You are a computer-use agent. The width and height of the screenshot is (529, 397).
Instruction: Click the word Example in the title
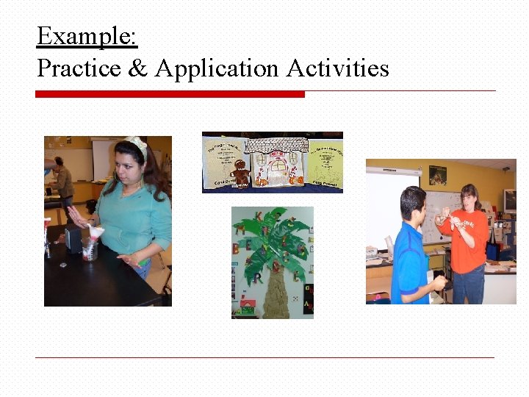(x=87, y=35)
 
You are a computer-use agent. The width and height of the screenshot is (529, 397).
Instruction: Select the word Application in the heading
(x=217, y=68)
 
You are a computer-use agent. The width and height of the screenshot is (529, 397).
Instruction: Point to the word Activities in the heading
(x=337, y=68)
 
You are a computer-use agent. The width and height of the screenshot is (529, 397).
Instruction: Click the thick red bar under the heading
(x=170, y=94)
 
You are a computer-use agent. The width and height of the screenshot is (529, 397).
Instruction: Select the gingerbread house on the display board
(x=273, y=165)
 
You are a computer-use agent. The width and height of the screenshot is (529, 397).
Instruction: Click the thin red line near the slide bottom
(x=264, y=357)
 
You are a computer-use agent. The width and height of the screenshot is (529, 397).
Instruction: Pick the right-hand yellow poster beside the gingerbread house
(x=323, y=163)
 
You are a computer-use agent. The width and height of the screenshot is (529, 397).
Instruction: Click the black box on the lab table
(x=73, y=239)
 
